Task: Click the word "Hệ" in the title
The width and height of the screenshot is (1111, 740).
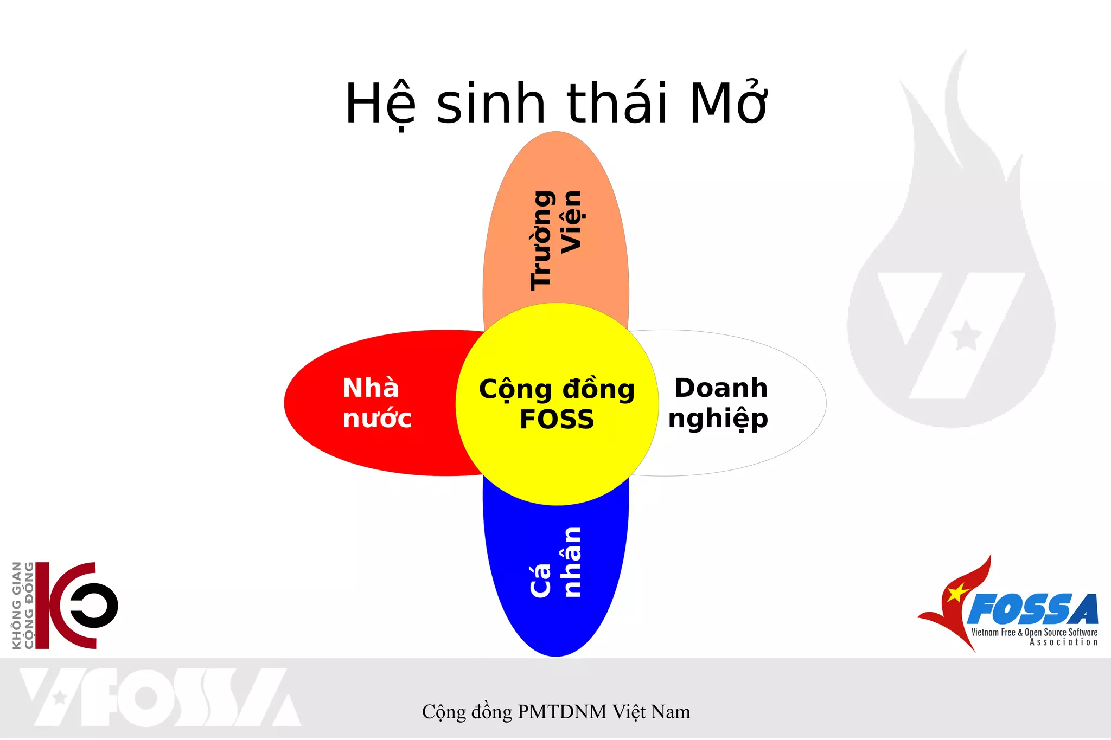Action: click(380, 104)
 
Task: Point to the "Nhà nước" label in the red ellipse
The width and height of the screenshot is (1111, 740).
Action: click(376, 403)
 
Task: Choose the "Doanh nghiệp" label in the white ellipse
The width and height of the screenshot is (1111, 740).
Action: click(719, 403)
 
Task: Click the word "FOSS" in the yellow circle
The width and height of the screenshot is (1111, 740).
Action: click(557, 420)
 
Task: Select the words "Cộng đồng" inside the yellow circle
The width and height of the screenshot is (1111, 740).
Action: click(557, 389)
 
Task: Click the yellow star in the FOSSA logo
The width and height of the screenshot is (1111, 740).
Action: click(957, 593)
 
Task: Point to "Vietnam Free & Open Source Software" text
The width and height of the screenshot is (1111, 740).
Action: click(1034, 632)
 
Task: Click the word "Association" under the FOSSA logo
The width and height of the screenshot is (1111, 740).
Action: click(1063, 642)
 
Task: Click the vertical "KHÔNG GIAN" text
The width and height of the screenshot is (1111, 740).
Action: click(17, 605)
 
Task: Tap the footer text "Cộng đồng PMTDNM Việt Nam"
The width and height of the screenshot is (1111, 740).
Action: click(556, 712)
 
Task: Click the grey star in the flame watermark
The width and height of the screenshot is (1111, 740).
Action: click(966, 336)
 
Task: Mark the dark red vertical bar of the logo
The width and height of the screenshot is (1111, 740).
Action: click(42, 606)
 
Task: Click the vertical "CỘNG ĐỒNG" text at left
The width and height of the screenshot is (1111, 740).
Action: click(29, 605)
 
